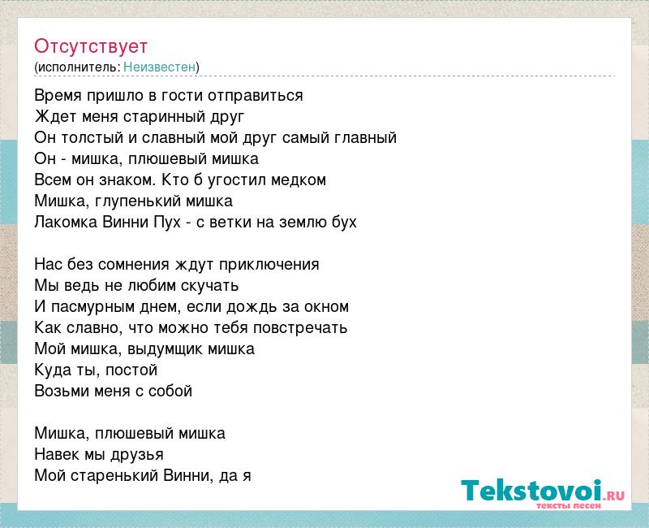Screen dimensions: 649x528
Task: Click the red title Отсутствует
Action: tap(91, 46)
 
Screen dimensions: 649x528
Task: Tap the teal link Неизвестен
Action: tap(159, 67)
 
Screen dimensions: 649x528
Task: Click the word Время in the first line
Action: tap(58, 95)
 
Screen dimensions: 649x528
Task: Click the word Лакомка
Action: tap(66, 222)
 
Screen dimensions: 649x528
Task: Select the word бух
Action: tap(344, 222)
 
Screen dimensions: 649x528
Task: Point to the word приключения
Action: tap(269, 265)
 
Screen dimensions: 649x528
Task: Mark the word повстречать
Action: tap(300, 328)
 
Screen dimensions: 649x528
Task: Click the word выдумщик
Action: tap(165, 349)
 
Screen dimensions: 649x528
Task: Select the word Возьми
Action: tap(58, 391)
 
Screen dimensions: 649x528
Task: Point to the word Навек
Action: tap(57, 454)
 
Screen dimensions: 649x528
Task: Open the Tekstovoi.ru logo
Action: tap(543, 494)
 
